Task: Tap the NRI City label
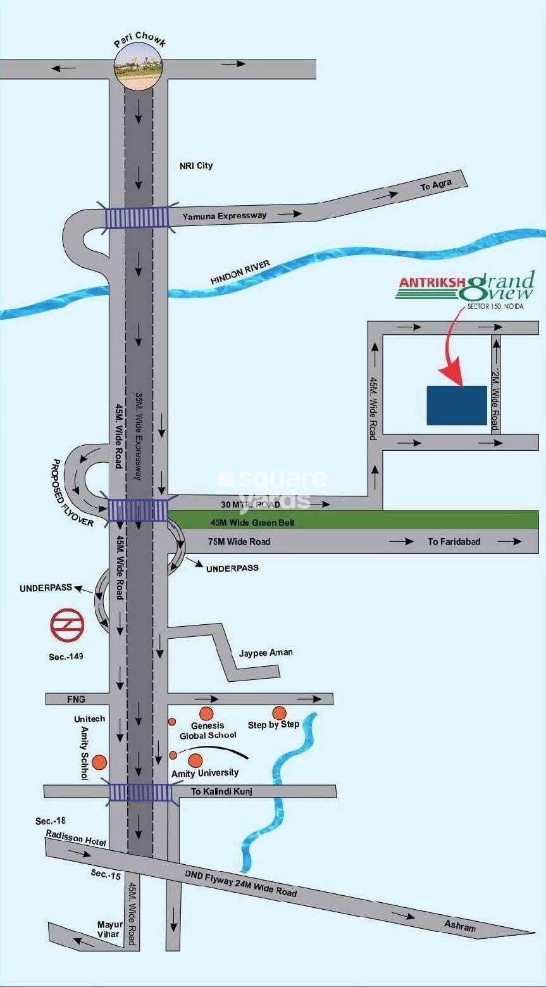pos(196,166)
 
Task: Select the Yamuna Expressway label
pos(225,216)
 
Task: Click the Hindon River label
pos(240,272)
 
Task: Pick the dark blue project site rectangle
pos(457,405)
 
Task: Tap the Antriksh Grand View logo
pos(466,288)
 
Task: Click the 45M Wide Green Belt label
pos(252,523)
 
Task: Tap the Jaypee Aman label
pos(266,653)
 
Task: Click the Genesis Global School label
pos(208,731)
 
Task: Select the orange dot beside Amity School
pos(99,762)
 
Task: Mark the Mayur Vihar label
pos(110,929)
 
